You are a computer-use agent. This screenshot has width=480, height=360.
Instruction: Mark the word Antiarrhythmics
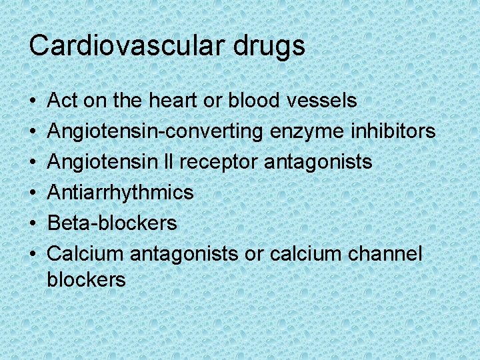[121, 193]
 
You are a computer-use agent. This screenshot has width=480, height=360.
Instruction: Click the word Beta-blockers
[113, 223]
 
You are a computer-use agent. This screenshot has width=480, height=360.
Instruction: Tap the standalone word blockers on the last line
[86, 280]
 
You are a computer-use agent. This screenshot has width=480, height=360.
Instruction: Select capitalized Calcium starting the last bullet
[86, 253]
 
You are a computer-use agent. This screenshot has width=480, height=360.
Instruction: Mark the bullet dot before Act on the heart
[33, 101]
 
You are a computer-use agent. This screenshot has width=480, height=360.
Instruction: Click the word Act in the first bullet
[63, 101]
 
